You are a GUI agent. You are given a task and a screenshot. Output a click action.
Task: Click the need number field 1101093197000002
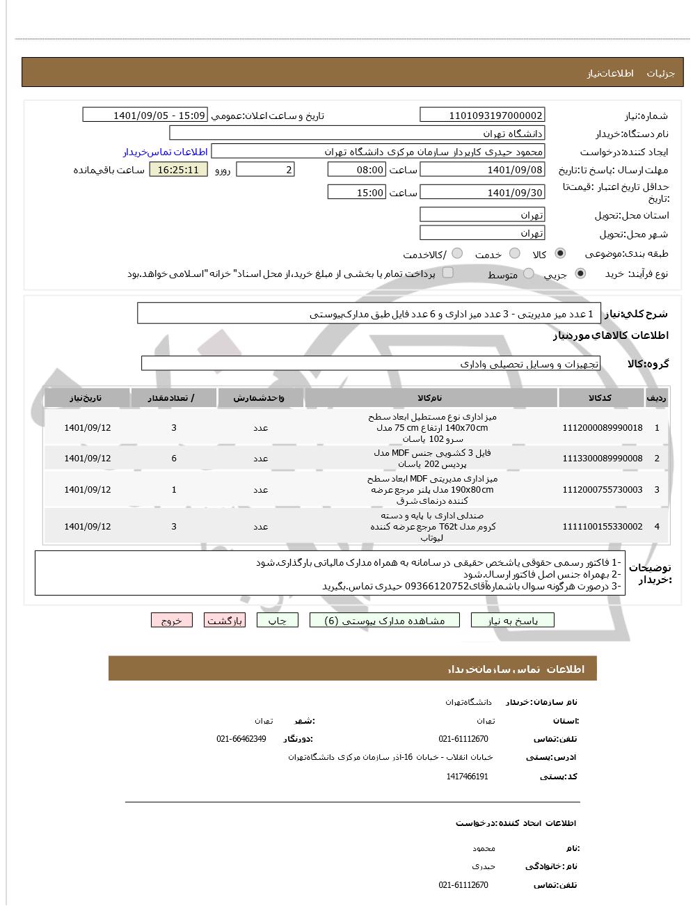pos(482,116)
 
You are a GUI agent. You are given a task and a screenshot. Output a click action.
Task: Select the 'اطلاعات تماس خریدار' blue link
pos(166,152)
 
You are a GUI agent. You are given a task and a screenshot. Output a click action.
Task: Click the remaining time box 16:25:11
pos(178,170)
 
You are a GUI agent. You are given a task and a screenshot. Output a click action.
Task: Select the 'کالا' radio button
pos(561,254)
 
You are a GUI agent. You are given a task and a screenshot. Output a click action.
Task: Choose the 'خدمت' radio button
pos(515,254)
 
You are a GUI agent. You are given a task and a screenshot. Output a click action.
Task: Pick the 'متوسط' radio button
pos(529,274)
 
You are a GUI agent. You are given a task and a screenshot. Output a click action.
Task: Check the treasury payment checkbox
pos(448,273)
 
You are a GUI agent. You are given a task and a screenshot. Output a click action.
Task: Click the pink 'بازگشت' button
pos(224,621)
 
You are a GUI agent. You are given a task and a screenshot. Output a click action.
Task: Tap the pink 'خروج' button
pos(172,621)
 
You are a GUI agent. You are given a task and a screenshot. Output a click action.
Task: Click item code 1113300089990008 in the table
pos(603,459)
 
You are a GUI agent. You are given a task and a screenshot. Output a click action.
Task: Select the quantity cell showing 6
pos(174,459)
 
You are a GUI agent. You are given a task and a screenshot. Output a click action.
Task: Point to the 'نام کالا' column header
pos(431,398)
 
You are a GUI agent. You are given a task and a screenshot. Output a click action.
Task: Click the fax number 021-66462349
pos(241,739)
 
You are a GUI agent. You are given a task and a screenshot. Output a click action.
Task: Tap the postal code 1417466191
pos(467,777)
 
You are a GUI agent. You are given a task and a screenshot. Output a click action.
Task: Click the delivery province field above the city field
pos(482,215)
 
